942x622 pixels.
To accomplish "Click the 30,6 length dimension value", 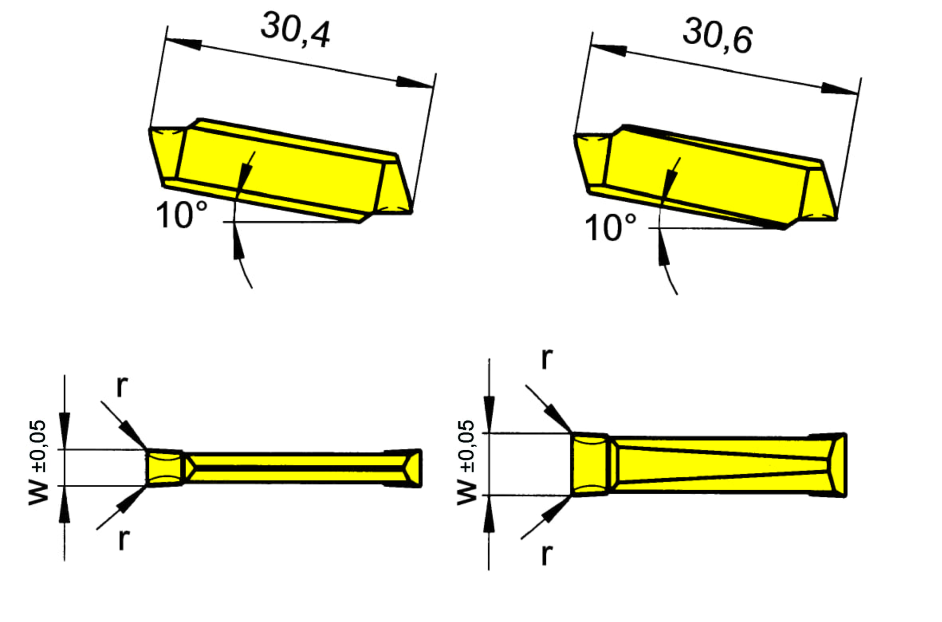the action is pos(718,36).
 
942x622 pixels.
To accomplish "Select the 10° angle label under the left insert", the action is pos(181,215).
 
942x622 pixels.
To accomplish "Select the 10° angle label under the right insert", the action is pos(610,227).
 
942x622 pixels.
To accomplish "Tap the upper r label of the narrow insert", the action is pos(122,386).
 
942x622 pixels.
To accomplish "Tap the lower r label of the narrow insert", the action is pos(124,540).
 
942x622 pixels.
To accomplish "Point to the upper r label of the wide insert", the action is pos(547,358).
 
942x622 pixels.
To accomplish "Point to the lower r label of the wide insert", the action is pos(547,554).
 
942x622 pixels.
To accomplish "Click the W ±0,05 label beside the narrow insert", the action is pos(38,463).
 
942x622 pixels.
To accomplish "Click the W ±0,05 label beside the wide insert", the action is pos(466,462).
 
